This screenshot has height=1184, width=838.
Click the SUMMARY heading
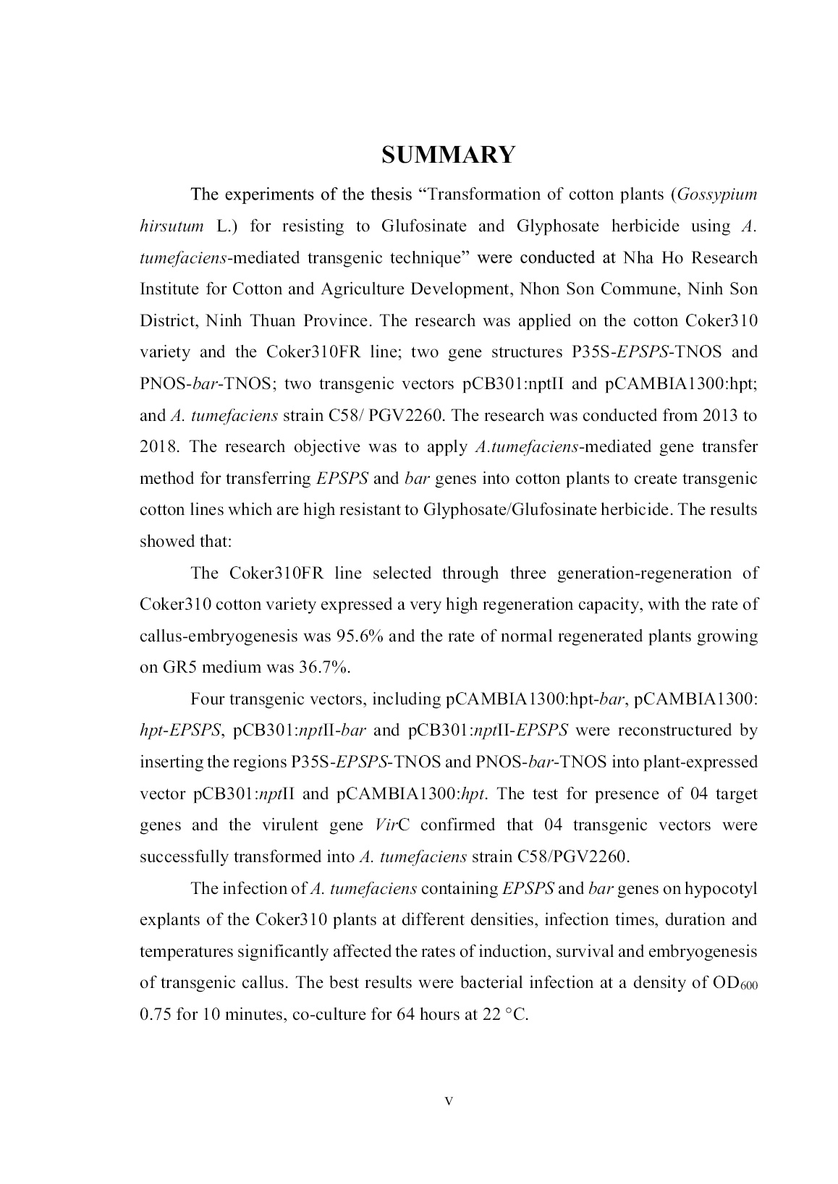(x=449, y=155)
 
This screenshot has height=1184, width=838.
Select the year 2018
(x=158, y=447)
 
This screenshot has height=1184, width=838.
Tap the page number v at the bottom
(x=449, y=1101)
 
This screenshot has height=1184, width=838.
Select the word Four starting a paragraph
(x=207, y=699)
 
